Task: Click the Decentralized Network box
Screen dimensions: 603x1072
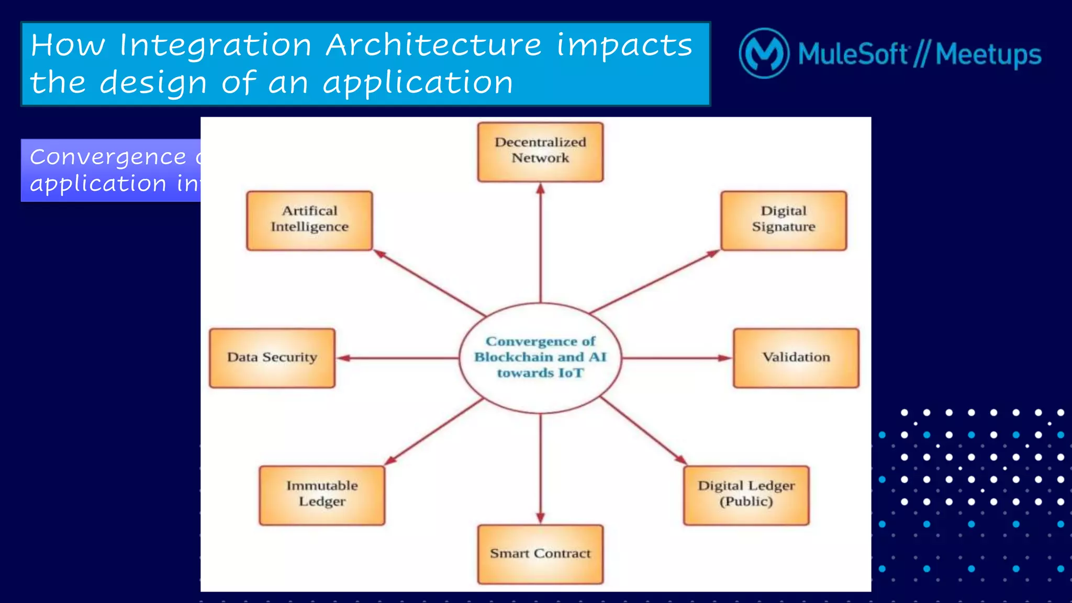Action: (540, 152)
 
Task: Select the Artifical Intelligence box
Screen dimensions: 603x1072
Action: (309, 221)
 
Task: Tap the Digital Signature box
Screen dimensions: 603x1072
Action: (784, 221)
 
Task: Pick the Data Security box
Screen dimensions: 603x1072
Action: (272, 358)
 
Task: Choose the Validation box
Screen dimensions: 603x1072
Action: (796, 358)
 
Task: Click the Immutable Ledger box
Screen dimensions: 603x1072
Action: (322, 495)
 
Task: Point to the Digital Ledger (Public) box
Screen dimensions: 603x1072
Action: (746, 495)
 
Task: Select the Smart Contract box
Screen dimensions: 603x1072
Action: (540, 554)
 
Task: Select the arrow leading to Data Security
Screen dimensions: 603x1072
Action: (398, 358)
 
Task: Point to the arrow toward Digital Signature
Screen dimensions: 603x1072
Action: (654, 281)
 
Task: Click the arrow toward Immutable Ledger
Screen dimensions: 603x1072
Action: (434, 431)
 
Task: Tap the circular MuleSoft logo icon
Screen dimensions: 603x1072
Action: (764, 53)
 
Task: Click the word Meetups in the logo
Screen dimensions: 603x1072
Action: (988, 54)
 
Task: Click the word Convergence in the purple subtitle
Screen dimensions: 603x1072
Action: (108, 157)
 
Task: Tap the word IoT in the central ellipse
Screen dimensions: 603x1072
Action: (571, 373)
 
